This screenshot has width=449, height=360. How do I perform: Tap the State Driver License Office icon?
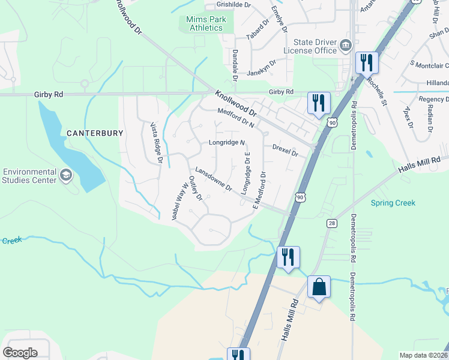point(345,46)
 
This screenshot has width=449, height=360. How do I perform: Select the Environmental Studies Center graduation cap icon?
point(66,175)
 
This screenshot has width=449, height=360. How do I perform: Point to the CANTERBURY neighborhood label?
point(95,133)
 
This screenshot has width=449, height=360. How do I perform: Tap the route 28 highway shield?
point(331,223)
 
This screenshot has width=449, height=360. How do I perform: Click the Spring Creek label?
point(393,203)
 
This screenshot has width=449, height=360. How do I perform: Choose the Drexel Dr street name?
point(285,149)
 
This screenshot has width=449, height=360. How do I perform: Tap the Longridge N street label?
point(227,143)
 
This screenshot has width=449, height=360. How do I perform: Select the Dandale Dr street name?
point(235,65)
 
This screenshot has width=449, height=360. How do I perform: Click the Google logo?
point(20,352)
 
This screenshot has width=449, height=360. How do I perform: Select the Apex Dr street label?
point(409,116)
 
